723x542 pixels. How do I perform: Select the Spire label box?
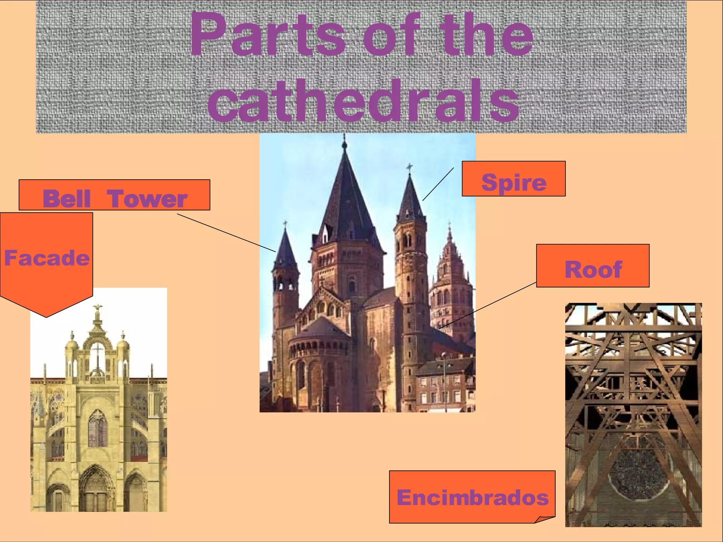513,179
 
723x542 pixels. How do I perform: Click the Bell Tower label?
114,195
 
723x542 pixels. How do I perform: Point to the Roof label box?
592,266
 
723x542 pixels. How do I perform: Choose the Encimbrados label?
472,497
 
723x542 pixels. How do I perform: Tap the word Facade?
47,258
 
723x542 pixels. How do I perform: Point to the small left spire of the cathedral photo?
285,247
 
